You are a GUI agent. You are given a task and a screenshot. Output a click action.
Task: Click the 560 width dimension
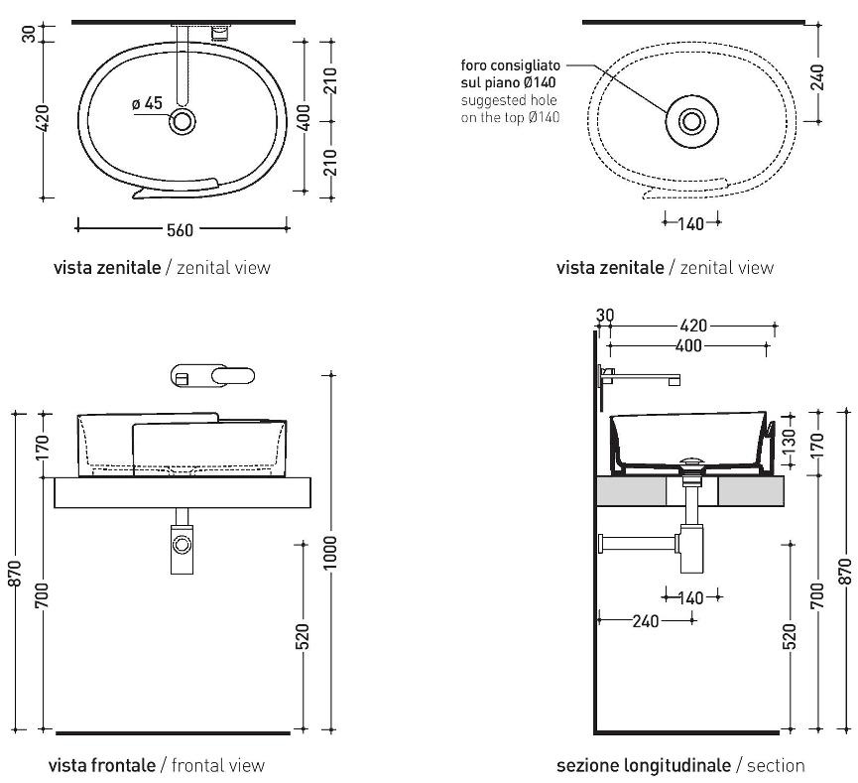coord(180,230)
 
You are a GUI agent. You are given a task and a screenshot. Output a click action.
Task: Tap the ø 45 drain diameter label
coord(146,103)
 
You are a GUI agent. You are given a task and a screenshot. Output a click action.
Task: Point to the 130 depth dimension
coord(791,438)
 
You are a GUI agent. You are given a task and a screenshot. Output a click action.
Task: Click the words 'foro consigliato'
coord(503,65)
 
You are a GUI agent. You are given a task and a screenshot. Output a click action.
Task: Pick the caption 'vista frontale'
coord(101,765)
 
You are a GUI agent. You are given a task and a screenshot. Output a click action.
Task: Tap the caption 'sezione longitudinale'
coord(643,765)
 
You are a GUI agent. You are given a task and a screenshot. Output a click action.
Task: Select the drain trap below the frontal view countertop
coord(182,545)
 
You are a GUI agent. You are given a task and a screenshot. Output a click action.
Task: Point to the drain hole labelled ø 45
coord(183,122)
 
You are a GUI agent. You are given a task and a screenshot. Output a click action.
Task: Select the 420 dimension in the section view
coord(693,326)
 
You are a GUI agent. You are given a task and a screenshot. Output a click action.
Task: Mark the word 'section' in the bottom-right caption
coord(777,765)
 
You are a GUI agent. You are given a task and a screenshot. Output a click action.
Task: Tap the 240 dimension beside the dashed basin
coord(817,78)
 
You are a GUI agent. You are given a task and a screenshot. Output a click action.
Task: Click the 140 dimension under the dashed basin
coord(691,224)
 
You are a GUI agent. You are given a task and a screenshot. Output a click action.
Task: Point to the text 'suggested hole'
coord(509,100)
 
